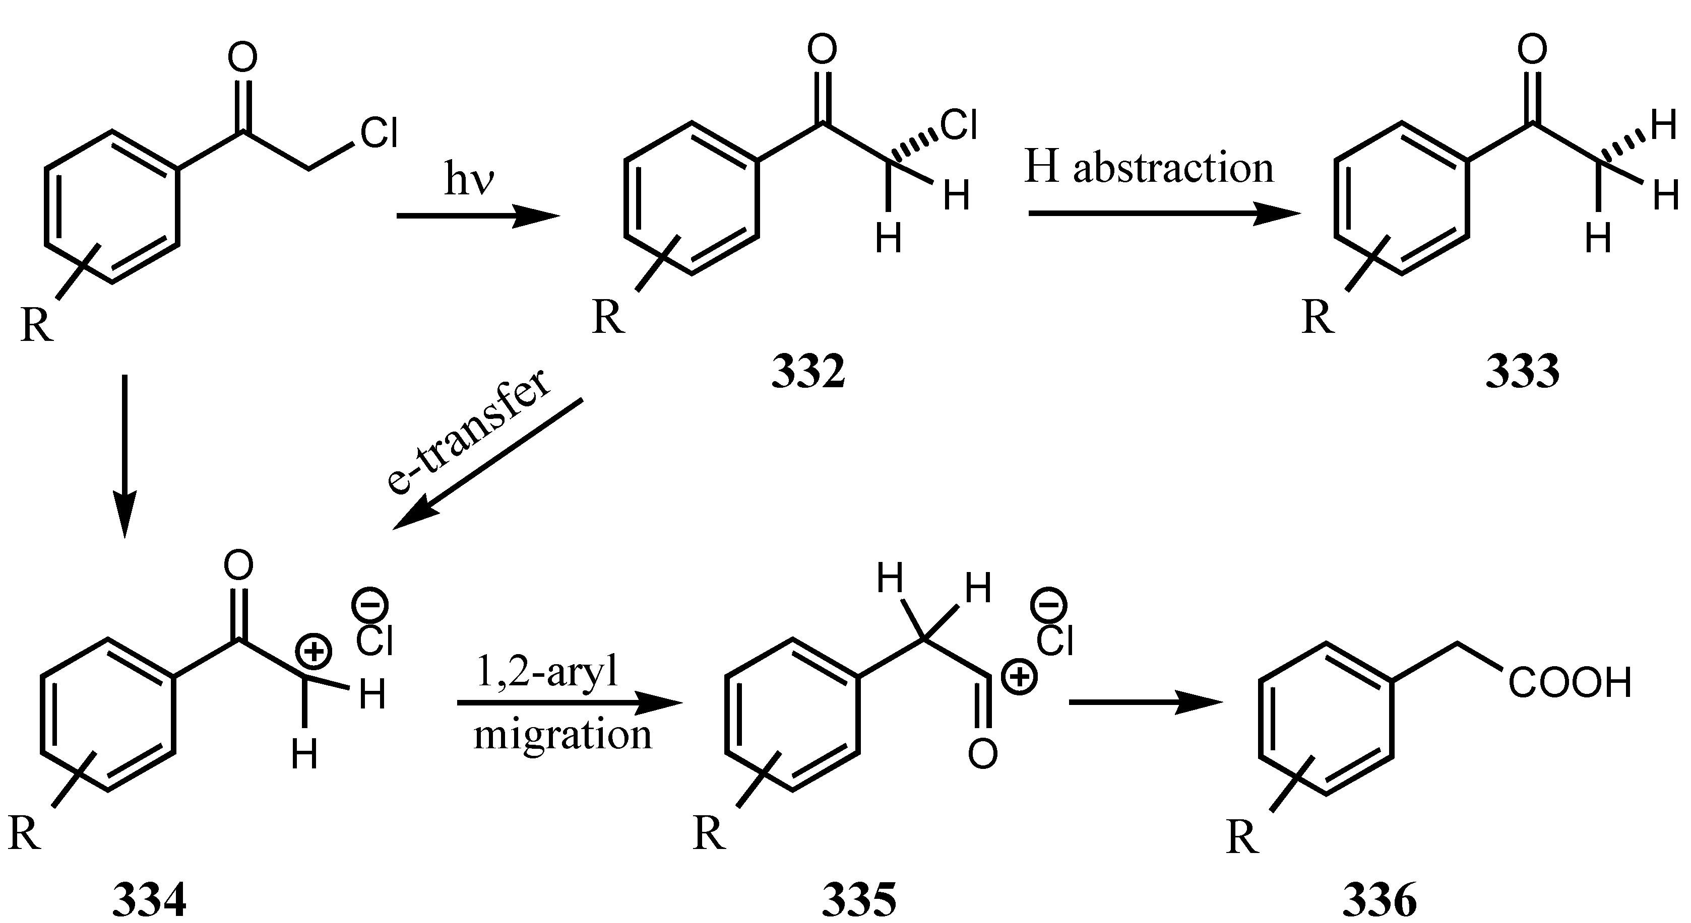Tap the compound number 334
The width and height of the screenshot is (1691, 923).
150,901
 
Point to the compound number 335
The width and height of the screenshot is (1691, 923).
859,901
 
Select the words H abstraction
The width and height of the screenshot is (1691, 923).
1149,169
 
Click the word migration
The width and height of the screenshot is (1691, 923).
562,735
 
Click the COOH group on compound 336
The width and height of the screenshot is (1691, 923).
1570,683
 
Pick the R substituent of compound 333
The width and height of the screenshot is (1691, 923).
1318,318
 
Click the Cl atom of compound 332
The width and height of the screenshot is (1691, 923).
959,125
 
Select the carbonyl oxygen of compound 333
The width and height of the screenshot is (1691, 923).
1533,50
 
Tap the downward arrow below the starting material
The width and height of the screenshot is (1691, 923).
124,456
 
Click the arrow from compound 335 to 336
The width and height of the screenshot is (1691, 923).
1146,703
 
